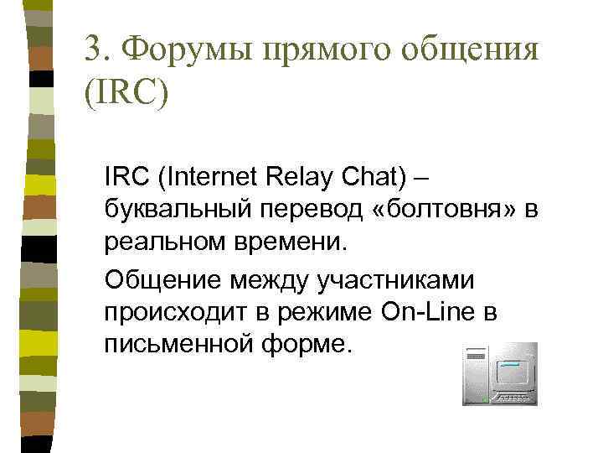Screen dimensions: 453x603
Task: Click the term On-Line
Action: point(428,312)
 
